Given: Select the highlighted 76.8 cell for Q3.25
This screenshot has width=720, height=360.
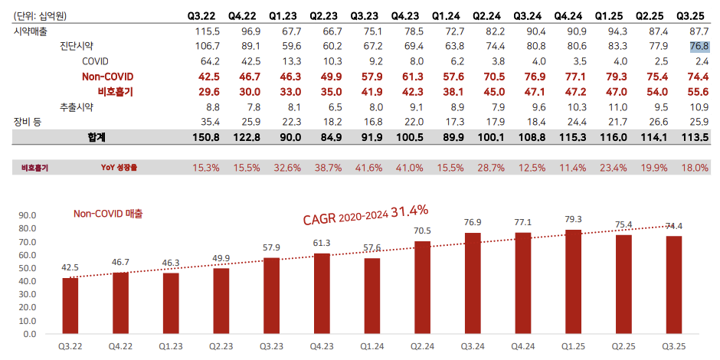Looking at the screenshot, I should click(698, 46).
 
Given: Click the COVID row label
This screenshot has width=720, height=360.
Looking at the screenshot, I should click(96, 61).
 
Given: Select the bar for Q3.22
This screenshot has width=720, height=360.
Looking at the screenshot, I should click(70, 306).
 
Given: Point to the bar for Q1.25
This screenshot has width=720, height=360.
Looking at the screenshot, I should click(574, 281).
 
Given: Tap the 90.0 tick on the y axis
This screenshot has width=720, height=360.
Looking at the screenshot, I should click(28, 215).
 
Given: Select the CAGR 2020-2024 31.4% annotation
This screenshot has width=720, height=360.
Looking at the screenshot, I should click(365, 214).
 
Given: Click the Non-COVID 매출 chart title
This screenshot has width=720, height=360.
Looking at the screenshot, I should click(108, 214).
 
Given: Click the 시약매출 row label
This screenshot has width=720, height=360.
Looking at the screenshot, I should click(31, 31).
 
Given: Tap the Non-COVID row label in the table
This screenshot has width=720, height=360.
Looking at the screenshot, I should click(107, 76).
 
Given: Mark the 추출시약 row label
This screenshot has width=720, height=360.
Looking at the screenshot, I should click(78, 106).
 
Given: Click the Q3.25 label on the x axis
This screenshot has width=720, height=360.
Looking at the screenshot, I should click(674, 347).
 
